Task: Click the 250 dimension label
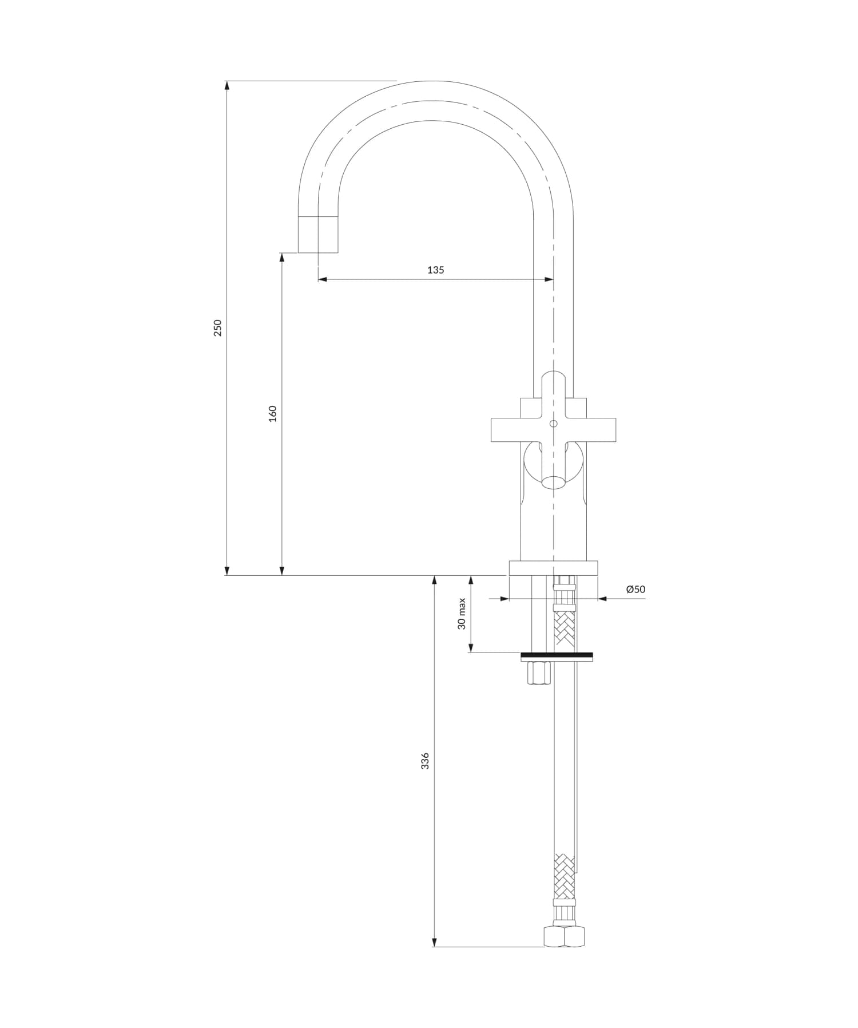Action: tap(217, 328)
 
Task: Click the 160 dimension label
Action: tap(273, 413)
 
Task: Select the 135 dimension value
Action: tap(435, 270)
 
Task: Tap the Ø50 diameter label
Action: tap(635, 589)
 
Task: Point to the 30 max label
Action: tap(462, 614)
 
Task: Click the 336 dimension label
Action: tap(425, 761)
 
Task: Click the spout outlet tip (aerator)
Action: tap(318, 235)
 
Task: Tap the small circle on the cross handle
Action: tap(553, 424)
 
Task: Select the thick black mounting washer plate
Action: tap(557, 656)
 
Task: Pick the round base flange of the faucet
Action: tap(553, 568)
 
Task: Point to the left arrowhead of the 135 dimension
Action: tap(321, 279)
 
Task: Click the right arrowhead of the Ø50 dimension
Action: tap(602, 599)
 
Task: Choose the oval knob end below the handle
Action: tap(553, 482)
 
